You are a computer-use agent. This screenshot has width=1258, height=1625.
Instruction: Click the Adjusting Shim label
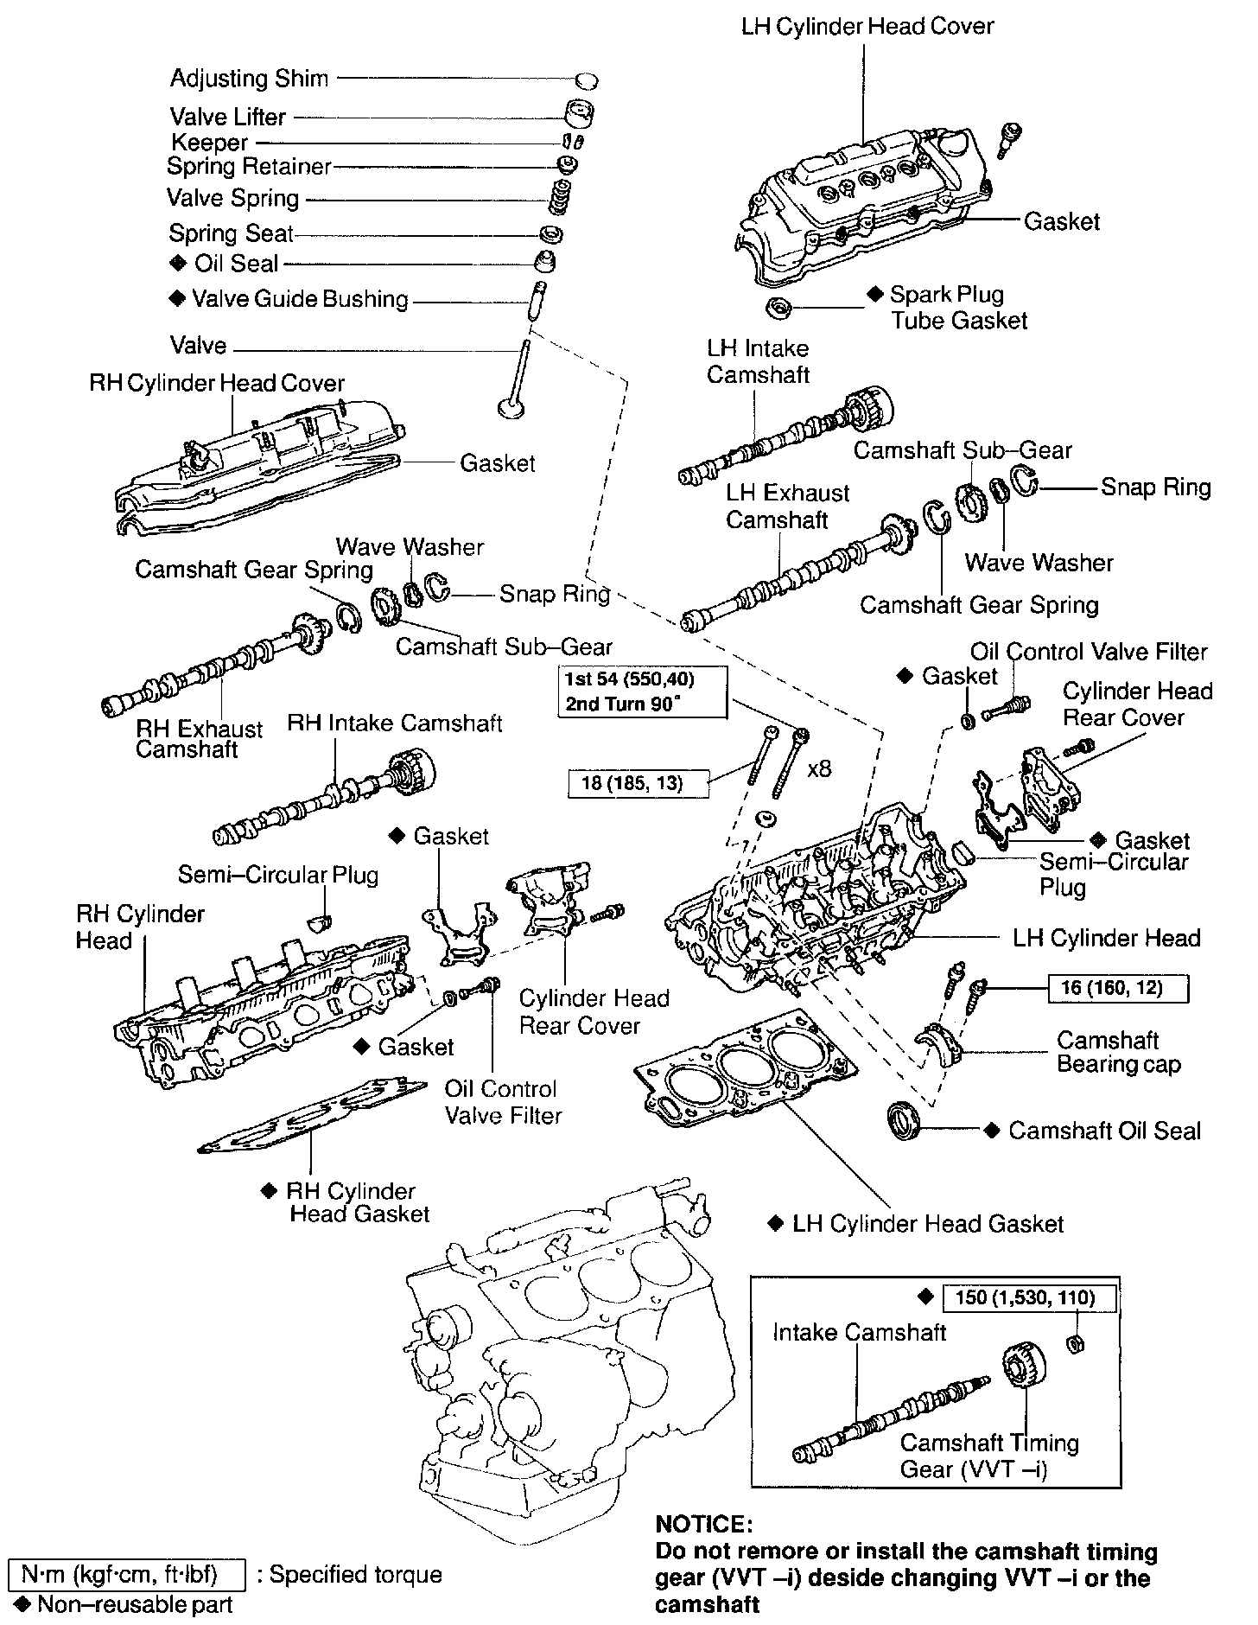click(x=249, y=79)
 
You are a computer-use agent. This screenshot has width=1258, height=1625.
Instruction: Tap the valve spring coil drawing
click(x=562, y=198)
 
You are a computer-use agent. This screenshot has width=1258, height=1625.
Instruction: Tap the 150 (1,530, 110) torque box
click(x=1027, y=1297)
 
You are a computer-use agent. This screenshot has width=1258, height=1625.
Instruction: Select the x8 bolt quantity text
click(x=819, y=768)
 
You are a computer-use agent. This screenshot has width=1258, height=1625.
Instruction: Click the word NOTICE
click(x=699, y=1524)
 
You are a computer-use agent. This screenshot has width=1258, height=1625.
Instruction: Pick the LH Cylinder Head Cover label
click(x=867, y=27)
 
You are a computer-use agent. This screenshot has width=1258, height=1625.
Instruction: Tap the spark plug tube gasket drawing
click(x=780, y=307)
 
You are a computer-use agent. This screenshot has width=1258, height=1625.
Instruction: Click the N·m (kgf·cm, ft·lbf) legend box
click(x=126, y=1574)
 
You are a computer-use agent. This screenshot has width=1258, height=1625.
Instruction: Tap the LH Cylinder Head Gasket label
click(x=928, y=1224)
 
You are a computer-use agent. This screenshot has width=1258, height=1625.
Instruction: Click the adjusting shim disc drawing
click(x=587, y=80)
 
